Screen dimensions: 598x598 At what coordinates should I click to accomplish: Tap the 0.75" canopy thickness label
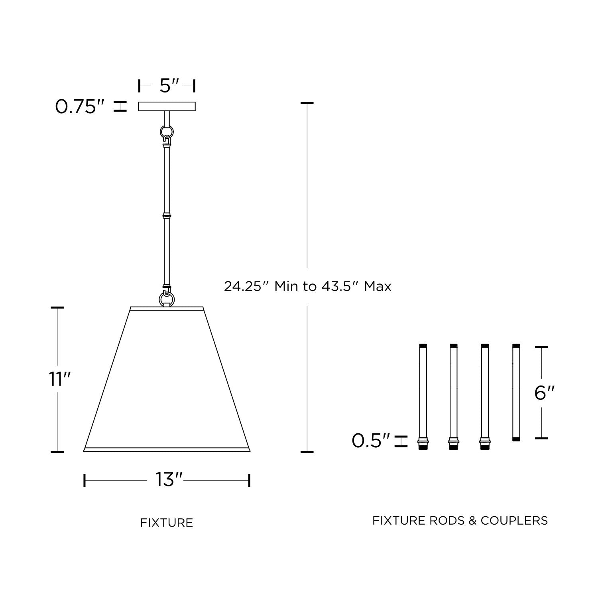point(80,107)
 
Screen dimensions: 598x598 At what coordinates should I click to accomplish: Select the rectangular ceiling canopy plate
point(167,106)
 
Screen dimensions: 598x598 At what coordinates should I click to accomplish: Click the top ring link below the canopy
point(167,132)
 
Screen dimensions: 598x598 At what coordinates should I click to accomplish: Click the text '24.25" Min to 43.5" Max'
point(307,286)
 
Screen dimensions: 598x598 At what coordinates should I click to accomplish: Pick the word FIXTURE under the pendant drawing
point(167,523)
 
